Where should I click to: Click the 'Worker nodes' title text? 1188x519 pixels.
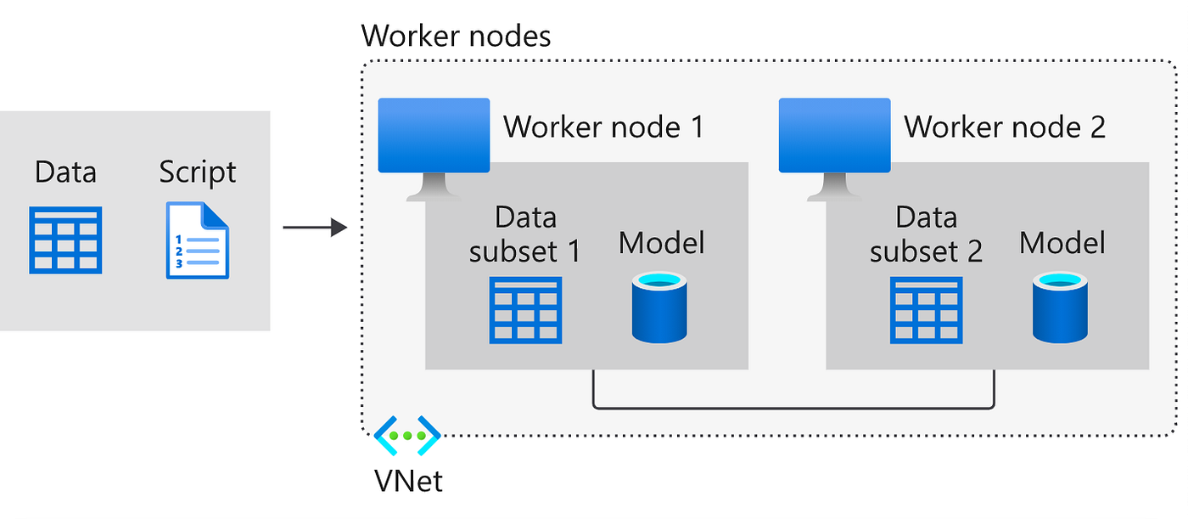456,37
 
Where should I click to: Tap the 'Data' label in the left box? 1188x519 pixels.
65,172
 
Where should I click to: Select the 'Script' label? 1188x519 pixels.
198,172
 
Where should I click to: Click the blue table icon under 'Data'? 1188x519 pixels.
66,240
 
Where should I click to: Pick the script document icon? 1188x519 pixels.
198,240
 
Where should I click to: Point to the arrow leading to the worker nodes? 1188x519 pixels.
315,228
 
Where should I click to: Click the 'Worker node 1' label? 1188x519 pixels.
604,127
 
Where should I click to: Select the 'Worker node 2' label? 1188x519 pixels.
1005,127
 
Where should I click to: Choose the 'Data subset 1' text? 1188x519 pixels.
525,234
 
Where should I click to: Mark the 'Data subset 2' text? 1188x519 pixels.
926,234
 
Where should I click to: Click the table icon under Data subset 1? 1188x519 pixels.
525,310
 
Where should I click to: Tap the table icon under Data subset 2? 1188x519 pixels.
926,310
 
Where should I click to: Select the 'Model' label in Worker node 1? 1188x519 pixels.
661,243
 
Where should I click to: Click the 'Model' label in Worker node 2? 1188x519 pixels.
1062,243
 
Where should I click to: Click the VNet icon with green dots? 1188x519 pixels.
407,436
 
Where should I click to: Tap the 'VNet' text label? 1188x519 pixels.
408,481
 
